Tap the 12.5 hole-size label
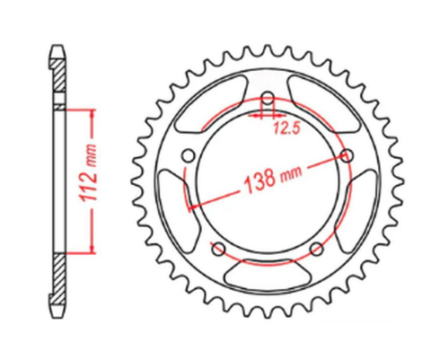(286, 128)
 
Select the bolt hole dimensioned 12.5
(267, 99)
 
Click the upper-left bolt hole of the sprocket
(187, 156)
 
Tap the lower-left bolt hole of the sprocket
(216, 249)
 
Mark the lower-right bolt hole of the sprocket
(316, 250)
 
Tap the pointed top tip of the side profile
(60, 42)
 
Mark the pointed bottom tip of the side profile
(60, 317)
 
